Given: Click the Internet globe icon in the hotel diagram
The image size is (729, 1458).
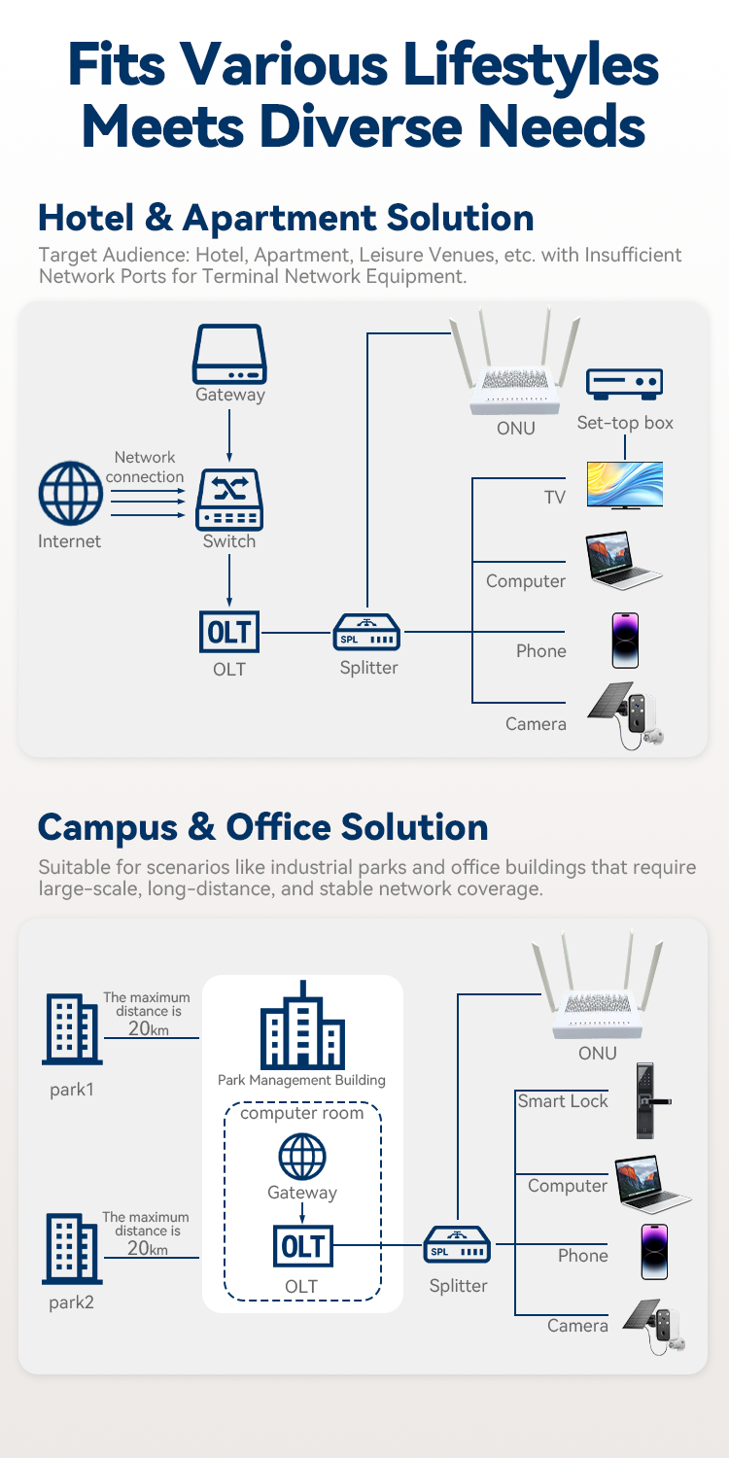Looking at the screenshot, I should coord(70,494).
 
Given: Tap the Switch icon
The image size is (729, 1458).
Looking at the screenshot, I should coord(229,499).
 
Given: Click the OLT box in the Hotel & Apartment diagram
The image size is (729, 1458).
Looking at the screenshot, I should coord(229,633).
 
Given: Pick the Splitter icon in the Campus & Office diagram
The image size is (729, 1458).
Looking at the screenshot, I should coord(457,1245).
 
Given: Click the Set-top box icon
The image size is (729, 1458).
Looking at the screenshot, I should coord(625,382).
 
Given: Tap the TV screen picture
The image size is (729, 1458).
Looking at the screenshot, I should coord(625,484).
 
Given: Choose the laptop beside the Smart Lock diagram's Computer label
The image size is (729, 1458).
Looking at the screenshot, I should coord(650,1185).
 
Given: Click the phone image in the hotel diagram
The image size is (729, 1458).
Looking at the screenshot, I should coord(625,640).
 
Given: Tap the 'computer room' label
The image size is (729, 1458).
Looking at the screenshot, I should coord(302,1112).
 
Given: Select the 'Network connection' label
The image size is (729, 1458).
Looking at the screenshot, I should coord(145,467).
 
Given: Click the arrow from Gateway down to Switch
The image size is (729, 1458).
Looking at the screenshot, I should coord(229,434).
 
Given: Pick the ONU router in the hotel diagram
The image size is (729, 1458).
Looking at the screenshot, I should coord(515,374).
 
